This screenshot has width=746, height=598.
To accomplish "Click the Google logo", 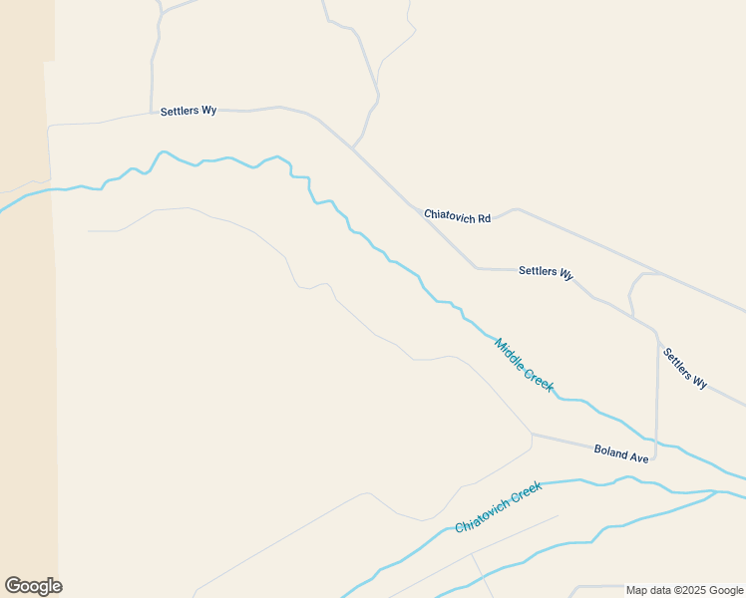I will (33, 586).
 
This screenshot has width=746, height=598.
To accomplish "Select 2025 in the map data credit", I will (692, 590).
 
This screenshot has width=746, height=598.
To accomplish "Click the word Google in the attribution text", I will (726, 590).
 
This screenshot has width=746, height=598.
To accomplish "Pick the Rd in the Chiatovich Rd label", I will (485, 218).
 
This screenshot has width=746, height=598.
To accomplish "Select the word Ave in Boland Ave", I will (639, 457).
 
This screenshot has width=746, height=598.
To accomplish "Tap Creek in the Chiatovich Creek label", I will (527, 491).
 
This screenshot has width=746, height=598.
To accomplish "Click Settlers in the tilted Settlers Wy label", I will (677, 362).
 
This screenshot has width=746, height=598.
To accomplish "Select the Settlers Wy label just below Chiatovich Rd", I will (546, 272).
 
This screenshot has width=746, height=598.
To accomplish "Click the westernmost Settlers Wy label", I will (188, 111).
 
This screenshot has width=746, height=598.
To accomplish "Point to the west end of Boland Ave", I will (532, 434).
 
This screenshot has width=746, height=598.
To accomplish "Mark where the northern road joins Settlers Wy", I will (352, 149).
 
